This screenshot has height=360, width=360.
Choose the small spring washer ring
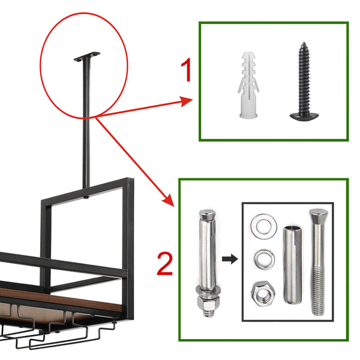point(263,260)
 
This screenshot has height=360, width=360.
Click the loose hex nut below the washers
point(263,293)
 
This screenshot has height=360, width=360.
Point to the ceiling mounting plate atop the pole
point(88,56)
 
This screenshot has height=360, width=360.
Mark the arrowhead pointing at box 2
point(167,201)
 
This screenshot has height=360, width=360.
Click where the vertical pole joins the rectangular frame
point(88,196)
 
